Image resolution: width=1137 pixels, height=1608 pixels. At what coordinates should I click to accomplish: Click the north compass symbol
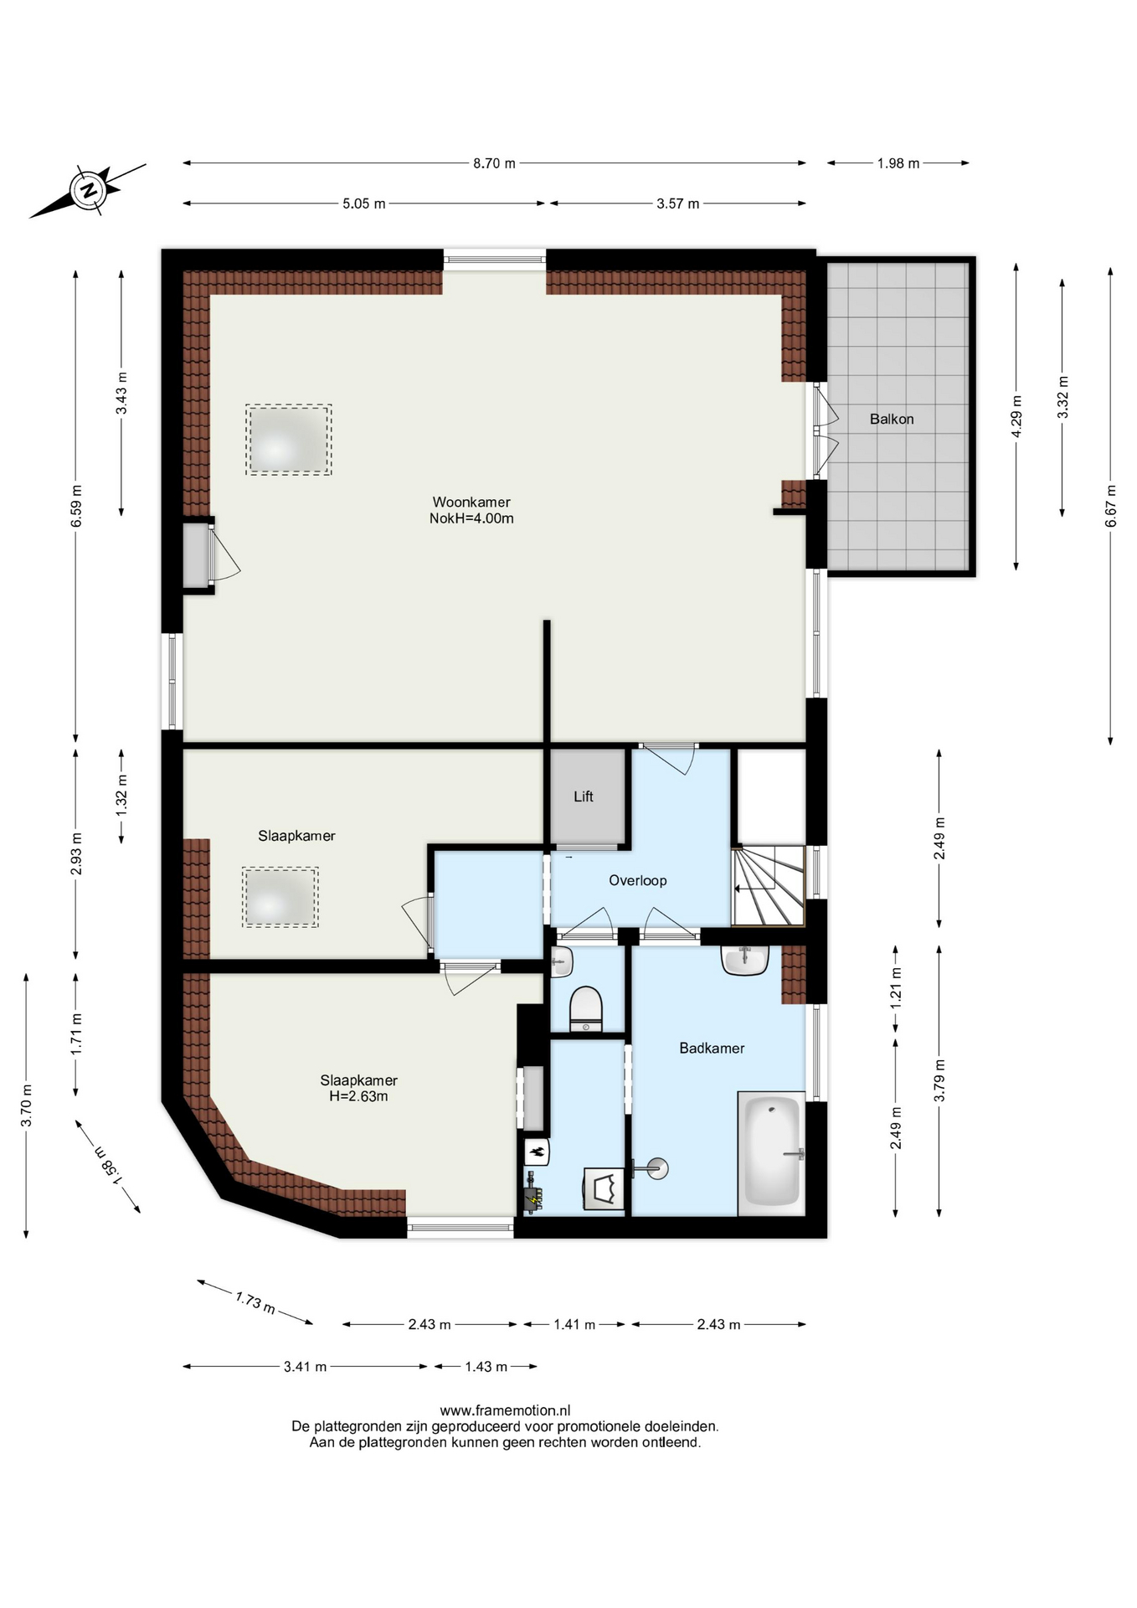[x=88, y=191]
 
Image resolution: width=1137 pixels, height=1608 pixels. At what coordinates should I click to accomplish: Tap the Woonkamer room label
[x=471, y=502]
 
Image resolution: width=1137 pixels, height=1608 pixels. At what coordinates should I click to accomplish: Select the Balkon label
[x=892, y=419]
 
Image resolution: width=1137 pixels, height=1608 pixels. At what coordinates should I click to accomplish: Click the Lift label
[x=584, y=796]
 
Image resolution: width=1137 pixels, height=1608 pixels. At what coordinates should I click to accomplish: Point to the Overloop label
[x=638, y=880]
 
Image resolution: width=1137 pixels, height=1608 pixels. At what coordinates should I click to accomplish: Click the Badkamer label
[x=712, y=1048]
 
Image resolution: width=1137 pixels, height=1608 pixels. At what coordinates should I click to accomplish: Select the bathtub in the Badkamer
[x=772, y=1152]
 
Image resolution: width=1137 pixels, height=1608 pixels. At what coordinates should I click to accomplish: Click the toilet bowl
[x=586, y=1008]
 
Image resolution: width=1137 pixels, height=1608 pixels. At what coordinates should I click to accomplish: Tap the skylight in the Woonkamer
[x=289, y=440]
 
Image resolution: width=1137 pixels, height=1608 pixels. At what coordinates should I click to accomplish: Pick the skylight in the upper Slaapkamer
[x=280, y=897]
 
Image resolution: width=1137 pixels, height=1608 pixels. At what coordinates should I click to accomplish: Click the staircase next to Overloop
[x=768, y=885]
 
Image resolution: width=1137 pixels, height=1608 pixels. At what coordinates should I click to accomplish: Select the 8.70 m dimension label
[x=494, y=163]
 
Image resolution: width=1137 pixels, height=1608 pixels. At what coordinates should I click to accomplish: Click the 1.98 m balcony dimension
[x=898, y=163]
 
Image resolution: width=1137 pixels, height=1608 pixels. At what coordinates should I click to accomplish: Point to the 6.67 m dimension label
[x=1111, y=506]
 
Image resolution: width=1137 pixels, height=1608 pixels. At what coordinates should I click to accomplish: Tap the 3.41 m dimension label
[x=306, y=1367]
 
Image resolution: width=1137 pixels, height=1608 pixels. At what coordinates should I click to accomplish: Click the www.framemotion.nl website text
[x=505, y=1410]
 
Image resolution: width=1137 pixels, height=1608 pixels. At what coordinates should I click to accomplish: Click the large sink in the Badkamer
[x=745, y=961]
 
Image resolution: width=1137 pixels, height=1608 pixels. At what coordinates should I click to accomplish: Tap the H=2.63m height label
[x=358, y=1096]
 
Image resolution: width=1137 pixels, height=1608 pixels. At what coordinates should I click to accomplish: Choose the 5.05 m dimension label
[x=364, y=204]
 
